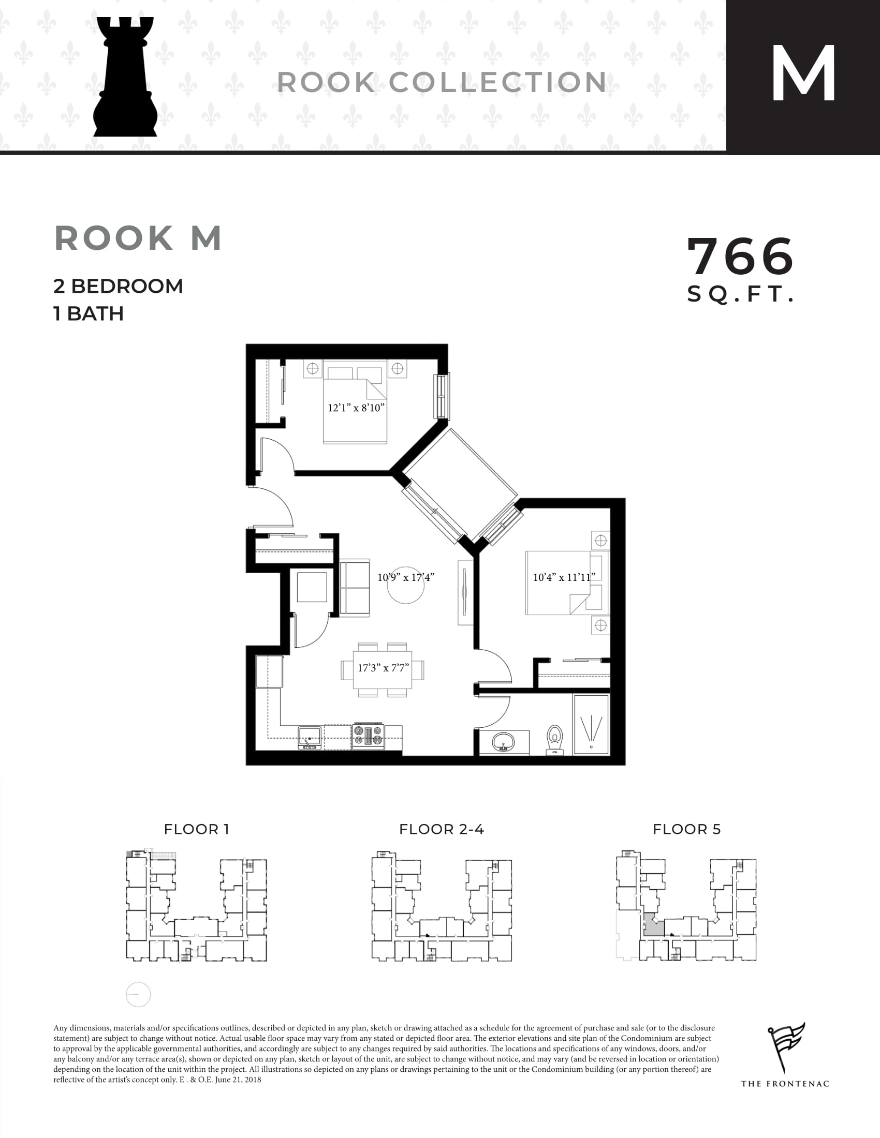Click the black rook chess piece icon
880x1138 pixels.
click(125, 78)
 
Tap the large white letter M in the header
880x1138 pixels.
click(803, 74)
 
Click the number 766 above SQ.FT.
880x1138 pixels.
click(740, 257)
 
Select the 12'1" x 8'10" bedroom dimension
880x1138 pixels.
click(356, 408)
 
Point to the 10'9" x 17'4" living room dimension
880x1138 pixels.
click(406, 577)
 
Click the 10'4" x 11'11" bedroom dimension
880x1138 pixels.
click(564, 577)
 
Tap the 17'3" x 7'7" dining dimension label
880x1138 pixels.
click(383, 668)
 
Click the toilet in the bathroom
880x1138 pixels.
click(555, 740)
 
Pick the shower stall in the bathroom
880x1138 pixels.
click(591, 724)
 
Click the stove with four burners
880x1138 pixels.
click(368, 736)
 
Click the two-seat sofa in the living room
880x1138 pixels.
click(355, 588)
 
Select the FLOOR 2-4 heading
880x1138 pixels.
click(441, 830)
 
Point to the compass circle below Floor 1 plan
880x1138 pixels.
click(138, 994)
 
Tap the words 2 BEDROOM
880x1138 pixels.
click(118, 286)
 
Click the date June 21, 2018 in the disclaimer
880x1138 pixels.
click(238, 1080)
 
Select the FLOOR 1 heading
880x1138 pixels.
click(196, 830)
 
